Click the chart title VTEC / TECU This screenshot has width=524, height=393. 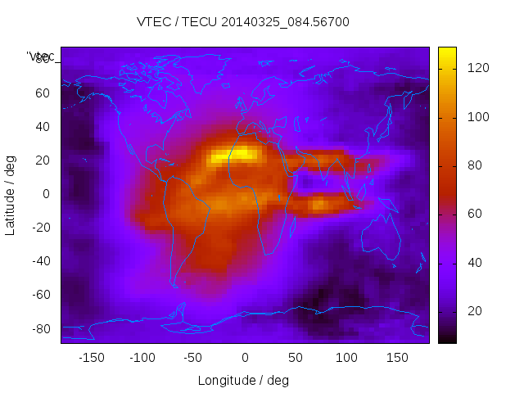pyautogui.click(x=243, y=22)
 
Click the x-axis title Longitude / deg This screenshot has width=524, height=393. pyautogui.click(x=243, y=381)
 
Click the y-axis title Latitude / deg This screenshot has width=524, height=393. pyautogui.click(x=11, y=194)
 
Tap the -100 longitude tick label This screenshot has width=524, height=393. pyautogui.click(x=142, y=358)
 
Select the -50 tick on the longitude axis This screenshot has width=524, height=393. pyautogui.click(x=193, y=358)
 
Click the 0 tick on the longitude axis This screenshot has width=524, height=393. pyautogui.click(x=244, y=358)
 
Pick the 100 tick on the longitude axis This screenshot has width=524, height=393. pyautogui.click(x=346, y=358)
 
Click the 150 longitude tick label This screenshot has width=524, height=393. pyautogui.click(x=397, y=358)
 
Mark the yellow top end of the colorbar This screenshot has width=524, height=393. pyautogui.click(x=447, y=51)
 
